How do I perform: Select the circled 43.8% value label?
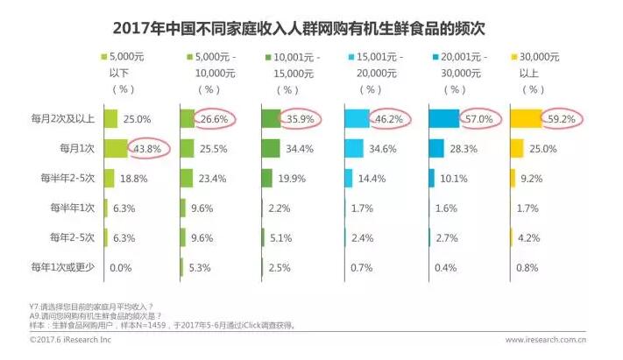(x=146, y=148)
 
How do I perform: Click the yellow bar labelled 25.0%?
(x=517, y=148)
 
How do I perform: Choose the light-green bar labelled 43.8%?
(x=116, y=148)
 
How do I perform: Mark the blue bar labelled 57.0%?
(x=443, y=118)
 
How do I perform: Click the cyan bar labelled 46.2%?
(x=358, y=118)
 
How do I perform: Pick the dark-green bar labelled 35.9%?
(x=271, y=118)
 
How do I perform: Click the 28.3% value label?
(x=463, y=148)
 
